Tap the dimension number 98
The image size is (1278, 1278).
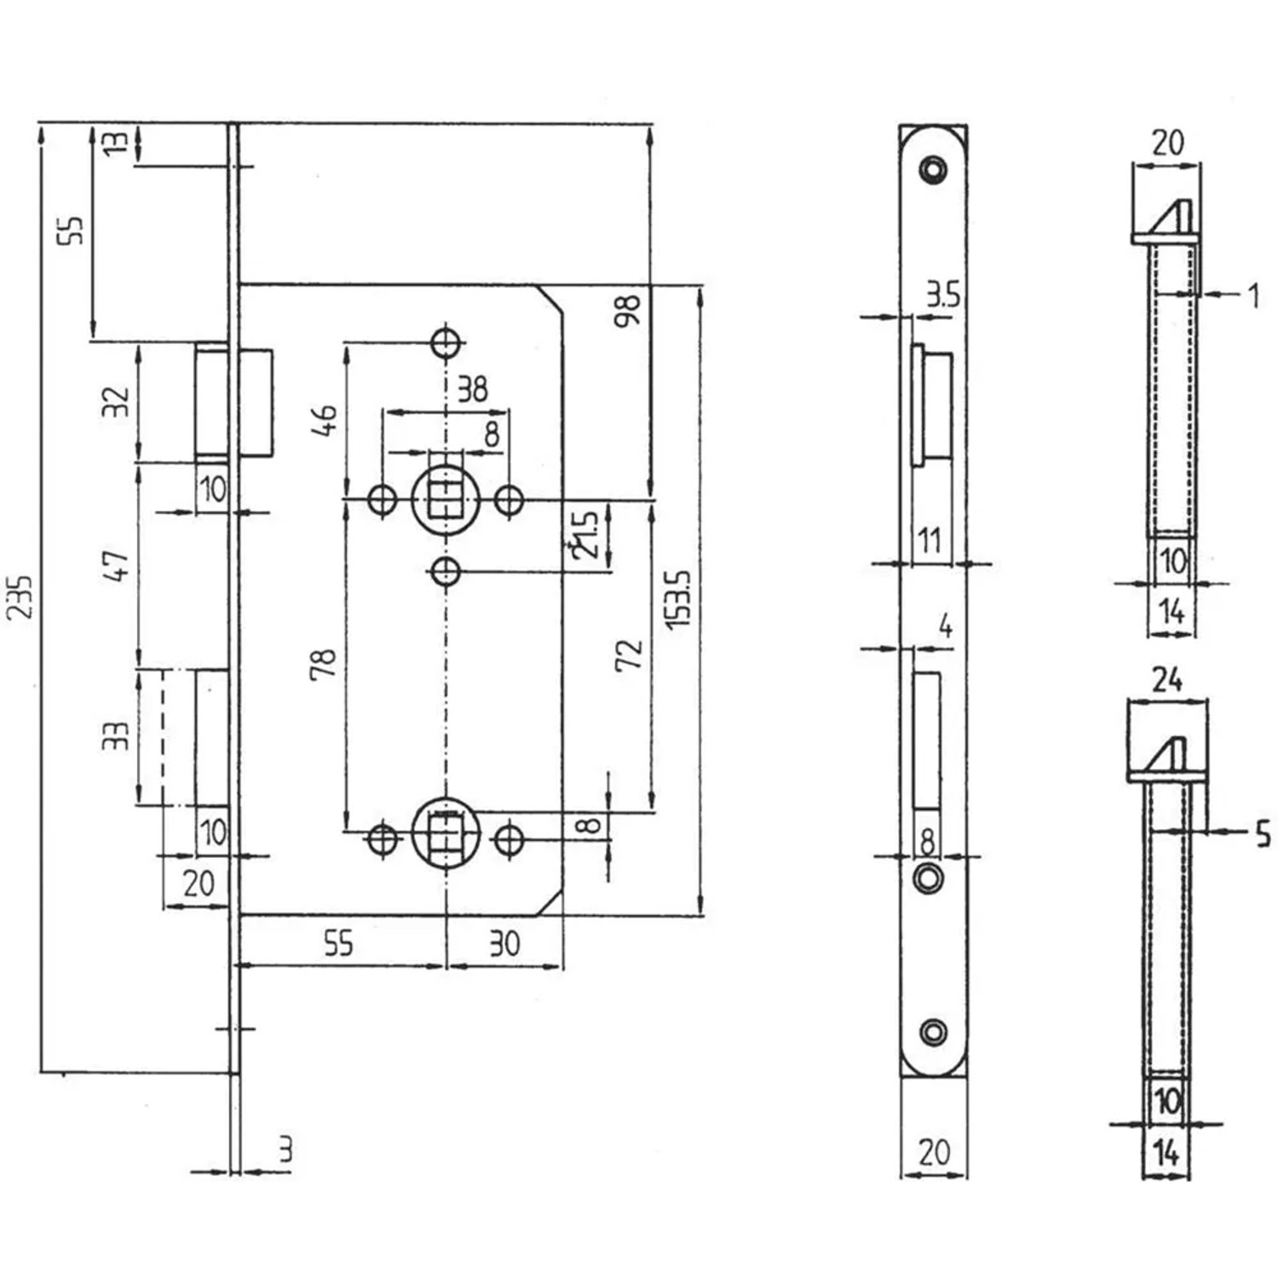627,312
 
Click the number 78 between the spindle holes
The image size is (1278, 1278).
324,664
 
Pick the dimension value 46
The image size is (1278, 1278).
324,421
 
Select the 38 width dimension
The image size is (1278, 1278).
472,389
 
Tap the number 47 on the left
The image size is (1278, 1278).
117,566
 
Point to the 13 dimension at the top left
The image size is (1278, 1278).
117,141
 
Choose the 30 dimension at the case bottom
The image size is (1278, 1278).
504,944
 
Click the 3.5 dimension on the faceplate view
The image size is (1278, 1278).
942,295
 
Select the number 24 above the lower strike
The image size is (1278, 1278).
1167,680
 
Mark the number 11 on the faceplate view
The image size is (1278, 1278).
929,540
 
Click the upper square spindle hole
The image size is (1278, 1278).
445,499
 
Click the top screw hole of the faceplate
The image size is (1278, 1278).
934,170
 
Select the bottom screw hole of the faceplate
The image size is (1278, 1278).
934,1032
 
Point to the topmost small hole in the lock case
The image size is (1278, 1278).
446,343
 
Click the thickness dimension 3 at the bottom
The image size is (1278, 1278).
285,1150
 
